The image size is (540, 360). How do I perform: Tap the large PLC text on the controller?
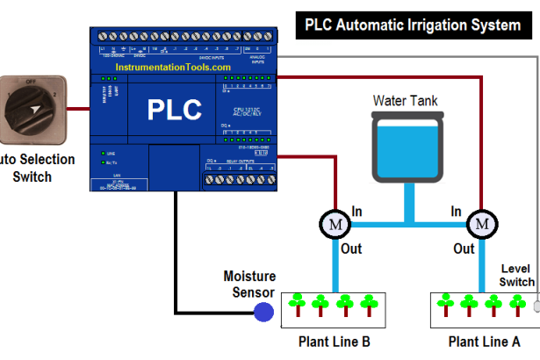point(173,110)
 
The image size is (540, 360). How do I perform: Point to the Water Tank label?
point(405,101)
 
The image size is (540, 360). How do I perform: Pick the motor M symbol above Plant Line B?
point(333,224)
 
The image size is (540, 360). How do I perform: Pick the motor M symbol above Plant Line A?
point(480,224)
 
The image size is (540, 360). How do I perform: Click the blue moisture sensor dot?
point(262,312)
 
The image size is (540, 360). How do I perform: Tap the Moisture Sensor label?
point(249,284)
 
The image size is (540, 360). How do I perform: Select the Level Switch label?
point(516,275)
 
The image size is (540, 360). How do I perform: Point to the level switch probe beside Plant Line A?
point(536,306)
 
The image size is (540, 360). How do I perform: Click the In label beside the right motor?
point(457,212)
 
